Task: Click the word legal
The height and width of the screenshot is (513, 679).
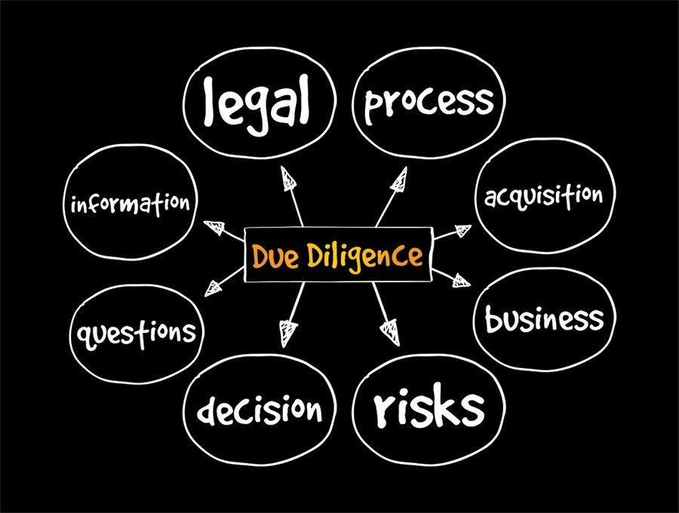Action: (x=257, y=105)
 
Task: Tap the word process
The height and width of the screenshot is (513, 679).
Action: (x=429, y=103)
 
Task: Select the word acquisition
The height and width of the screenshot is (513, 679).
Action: (x=543, y=197)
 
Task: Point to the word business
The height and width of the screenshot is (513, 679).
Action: (x=544, y=318)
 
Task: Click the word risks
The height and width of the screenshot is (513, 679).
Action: (x=429, y=405)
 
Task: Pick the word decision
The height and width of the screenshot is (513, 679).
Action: (x=260, y=409)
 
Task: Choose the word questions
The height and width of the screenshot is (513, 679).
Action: (x=137, y=334)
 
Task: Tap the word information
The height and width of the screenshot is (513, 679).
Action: (x=131, y=204)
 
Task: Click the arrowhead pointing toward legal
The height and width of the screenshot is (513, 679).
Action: (x=288, y=179)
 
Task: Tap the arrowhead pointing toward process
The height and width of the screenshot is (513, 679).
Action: (x=399, y=180)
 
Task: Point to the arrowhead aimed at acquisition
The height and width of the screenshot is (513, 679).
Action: (x=462, y=231)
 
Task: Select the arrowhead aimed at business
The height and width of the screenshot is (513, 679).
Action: (x=462, y=281)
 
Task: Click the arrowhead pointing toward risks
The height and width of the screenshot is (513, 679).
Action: (x=390, y=332)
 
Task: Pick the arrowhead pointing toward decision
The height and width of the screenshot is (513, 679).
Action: (x=287, y=333)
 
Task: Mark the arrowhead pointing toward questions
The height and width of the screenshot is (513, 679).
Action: (x=213, y=288)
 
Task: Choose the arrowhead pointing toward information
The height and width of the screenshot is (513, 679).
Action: (x=214, y=228)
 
